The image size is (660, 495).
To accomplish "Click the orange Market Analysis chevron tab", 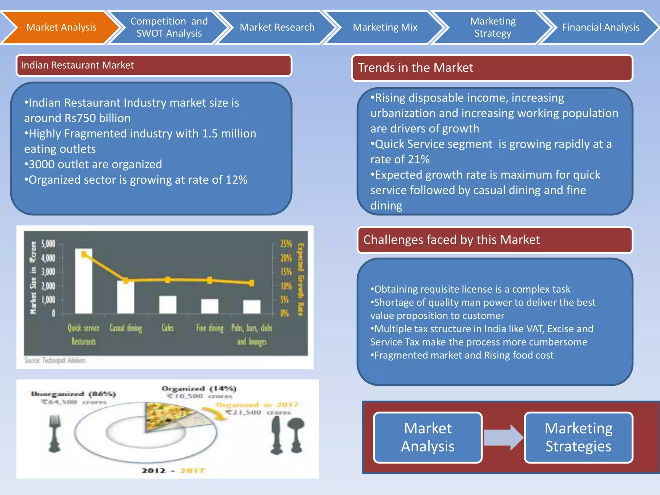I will pos(61,27).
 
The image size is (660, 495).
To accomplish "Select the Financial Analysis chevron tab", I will pos(600,27).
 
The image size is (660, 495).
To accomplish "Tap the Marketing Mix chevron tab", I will pos(385,27).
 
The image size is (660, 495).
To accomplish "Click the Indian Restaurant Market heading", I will pos(77,65).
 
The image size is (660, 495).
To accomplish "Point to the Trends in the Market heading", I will pos(415,68).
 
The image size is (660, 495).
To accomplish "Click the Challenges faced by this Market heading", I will pos(451,240).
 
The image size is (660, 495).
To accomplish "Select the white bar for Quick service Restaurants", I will pos(83,284).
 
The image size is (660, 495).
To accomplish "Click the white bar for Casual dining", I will pos(125,298).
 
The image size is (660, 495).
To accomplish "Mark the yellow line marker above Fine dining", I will pos(210,280).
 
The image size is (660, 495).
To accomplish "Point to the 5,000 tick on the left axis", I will pos(48,244).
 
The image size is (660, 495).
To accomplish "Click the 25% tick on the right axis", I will pos(286,244).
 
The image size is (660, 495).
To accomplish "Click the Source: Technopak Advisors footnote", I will pos(55,360).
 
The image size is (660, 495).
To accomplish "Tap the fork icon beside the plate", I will pos(54,433).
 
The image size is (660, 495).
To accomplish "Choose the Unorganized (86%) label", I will pos(73,394).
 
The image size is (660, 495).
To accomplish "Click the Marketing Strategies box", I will pos(578,437).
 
